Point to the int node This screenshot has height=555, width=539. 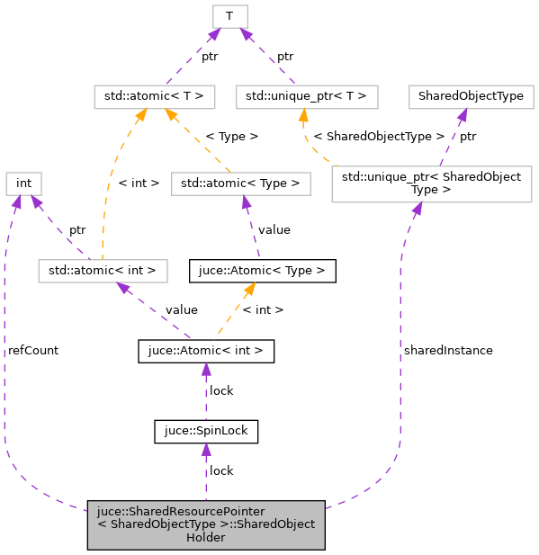tap(24, 184)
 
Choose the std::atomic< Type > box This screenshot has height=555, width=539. tap(240, 184)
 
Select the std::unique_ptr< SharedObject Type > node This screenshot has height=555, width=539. tap(431, 184)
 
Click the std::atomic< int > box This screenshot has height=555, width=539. tap(103, 269)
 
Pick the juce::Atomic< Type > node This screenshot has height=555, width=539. tap(262, 269)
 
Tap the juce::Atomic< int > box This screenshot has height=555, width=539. tap(205, 351)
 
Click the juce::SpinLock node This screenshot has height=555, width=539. tap(206, 432)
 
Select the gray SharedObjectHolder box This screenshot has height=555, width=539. tap(205, 524)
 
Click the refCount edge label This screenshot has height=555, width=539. tap(33, 350)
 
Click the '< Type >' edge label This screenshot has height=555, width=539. tap(231, 137)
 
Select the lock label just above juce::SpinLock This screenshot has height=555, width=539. tap(221, 390)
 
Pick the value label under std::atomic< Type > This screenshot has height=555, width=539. tap(274, 229)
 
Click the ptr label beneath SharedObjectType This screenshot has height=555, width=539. tap(468, 137)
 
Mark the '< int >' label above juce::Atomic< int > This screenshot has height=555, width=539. tap(265, 309)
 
